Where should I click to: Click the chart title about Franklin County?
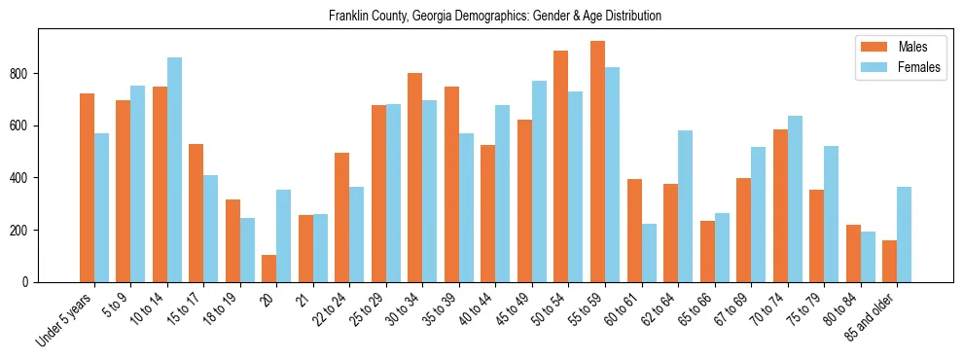tap(494, 16)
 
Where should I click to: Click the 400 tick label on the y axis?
tap(20, 178)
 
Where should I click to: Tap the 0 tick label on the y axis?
tap(27, 282)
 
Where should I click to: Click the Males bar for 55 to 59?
tap(597, 162)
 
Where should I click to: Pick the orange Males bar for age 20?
tap(269, 269)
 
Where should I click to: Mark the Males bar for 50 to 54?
tap(561, 166)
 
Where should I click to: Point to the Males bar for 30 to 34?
tap(415, 178)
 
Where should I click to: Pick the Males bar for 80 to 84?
tap(853, 254)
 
